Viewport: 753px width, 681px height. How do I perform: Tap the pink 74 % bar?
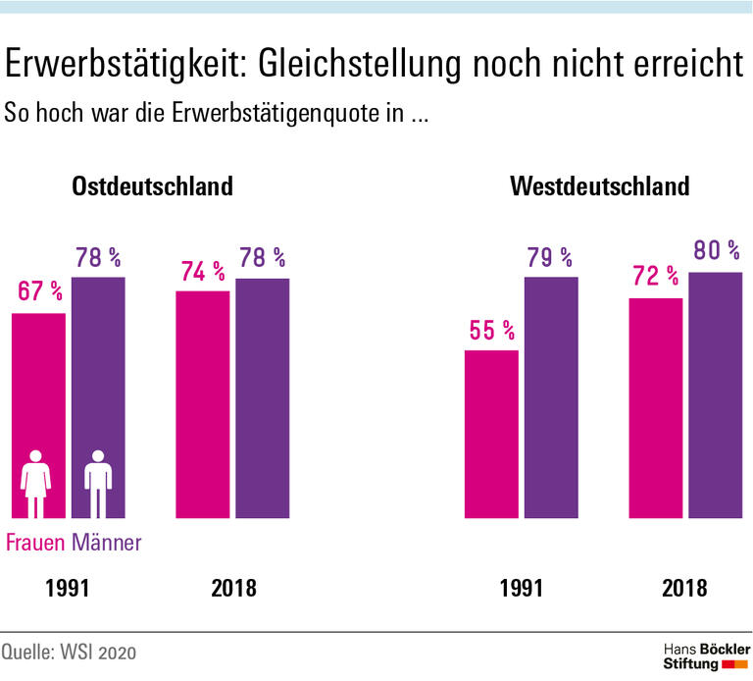tap(202, 403)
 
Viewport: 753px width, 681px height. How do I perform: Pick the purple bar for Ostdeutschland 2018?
tap(262, 397)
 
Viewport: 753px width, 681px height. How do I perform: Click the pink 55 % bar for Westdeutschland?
tap(490, 433)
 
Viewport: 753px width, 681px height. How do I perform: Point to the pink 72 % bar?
tap(655, 407)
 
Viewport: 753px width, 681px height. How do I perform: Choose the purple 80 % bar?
tap(715, 393)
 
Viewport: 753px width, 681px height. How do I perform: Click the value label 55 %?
tap(490, 330)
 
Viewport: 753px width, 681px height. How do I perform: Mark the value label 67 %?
tap(39, 292)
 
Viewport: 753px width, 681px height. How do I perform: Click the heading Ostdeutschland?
tap(152, 185)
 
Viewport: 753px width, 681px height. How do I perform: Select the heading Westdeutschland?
tap(600, 185)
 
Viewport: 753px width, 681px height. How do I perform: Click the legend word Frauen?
tap(36, 542)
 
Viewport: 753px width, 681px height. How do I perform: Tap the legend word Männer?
tap(107, 542)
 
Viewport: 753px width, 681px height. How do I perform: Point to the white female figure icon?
tap(37, 484)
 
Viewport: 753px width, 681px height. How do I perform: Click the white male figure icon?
tap(98, 484)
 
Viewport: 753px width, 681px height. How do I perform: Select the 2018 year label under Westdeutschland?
tap(684, 589)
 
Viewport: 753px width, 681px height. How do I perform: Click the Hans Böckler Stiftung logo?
tap(706, 657)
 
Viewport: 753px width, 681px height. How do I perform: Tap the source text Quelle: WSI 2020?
tap(68, 653)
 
